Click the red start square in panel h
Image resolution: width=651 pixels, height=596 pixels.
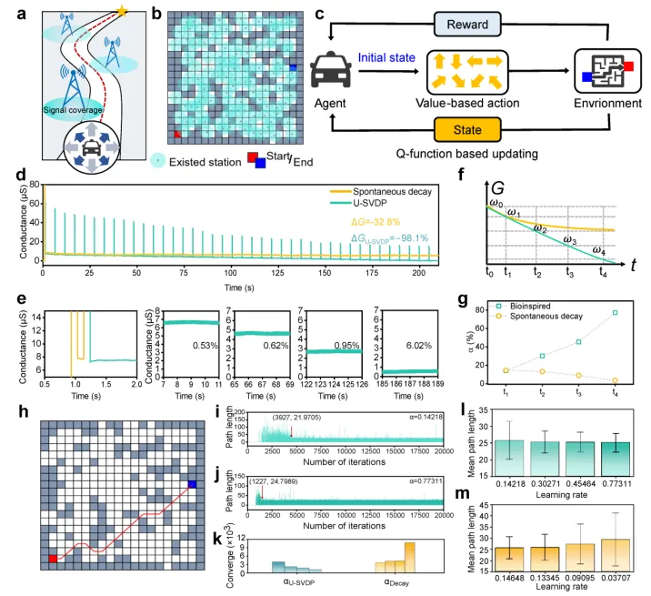(54, 558)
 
